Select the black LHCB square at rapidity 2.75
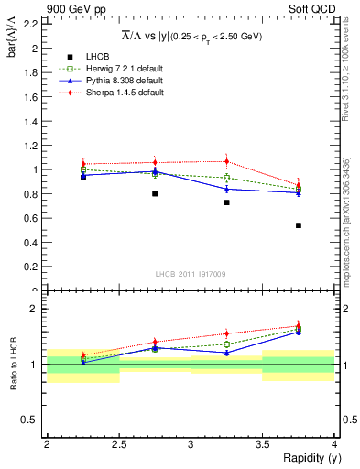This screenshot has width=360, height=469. click(x=155, y=193)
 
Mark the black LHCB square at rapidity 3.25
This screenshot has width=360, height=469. click(x=226, y=202)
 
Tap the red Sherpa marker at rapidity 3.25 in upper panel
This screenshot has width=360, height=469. click(x=226, y=161)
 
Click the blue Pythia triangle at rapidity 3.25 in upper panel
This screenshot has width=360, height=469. click(x=226, y=189)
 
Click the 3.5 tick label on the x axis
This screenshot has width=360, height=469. click(x=263, y=444)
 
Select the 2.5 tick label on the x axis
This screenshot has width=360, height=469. click(x=119, y=444)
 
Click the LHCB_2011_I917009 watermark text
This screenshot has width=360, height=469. click(x=191, y=274)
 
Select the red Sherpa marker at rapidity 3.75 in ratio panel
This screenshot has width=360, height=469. click(x=299, y=325)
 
